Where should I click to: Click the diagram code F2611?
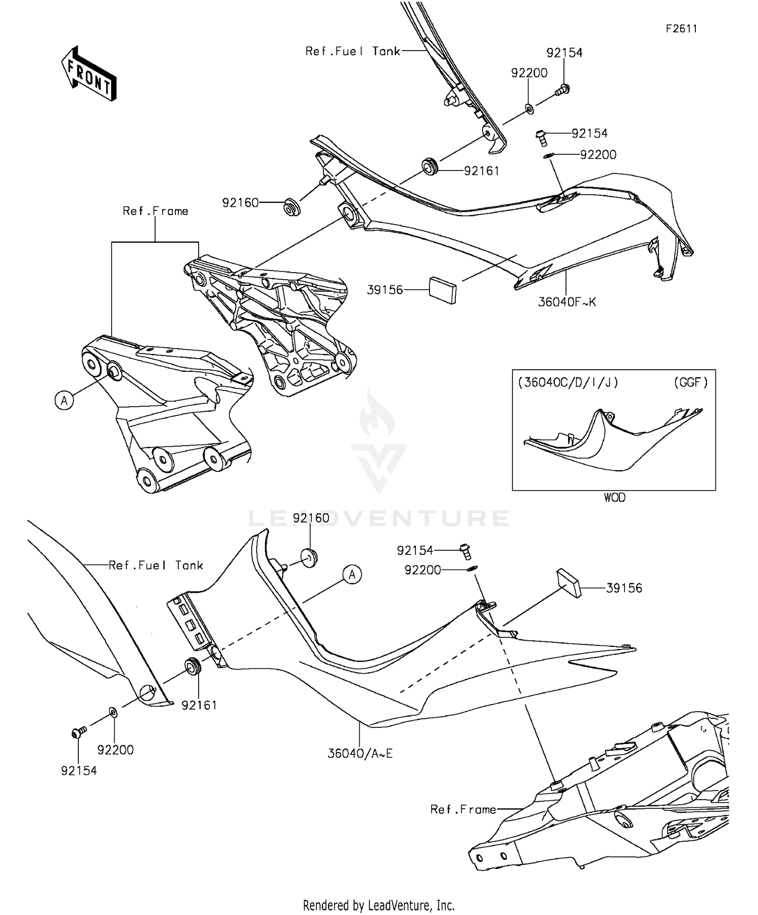click(681, 29)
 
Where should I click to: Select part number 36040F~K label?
click(567, 302)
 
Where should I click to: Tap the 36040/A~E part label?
click(360, 753)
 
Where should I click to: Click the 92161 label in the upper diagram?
click(481, 171)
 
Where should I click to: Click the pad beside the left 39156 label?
click(443, 290)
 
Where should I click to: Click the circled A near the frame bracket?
click(64, 400)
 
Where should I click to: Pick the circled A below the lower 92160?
click(352, 575)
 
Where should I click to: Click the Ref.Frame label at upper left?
click(155, 211)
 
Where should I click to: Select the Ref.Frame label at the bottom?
click(463, 809)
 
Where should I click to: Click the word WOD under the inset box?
click(614, 497)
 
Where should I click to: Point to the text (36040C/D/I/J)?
click(568, 382)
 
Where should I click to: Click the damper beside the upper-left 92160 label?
click(291, 207)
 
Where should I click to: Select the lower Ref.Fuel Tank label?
click(156, 565)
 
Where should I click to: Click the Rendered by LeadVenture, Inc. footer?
click(378, 904)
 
